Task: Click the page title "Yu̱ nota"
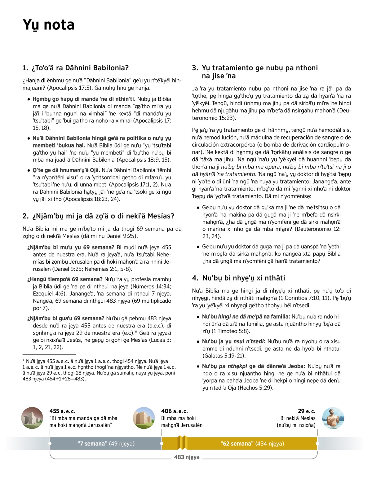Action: click(x=49, y=25)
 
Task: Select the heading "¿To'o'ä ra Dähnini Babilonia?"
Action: click(x=76, y=68)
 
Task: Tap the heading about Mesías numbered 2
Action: click(x=98, y=216)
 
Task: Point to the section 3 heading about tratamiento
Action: click(x=255, y=72)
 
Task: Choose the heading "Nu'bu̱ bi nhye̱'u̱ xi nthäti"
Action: click(x=238, y=278)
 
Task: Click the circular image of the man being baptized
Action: click(x=333, y=418)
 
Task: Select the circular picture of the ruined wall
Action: click(x=32, y=418)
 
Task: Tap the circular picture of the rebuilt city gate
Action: click(x=144, y=418)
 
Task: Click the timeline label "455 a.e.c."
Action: click(x=62, y=411)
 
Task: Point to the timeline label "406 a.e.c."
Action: click(x=175, y=411)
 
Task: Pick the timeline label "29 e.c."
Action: click(x=307, y=411)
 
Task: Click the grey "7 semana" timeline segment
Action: click(x=106, y=444)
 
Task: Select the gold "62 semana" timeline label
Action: click(x=252, y=444)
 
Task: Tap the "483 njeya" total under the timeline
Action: click(x=187, y=457)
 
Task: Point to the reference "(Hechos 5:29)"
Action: click(x=255, y=388)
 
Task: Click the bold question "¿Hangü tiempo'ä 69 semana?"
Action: click(x=65, y=279)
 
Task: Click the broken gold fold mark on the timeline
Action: click(x=182, y=442)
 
